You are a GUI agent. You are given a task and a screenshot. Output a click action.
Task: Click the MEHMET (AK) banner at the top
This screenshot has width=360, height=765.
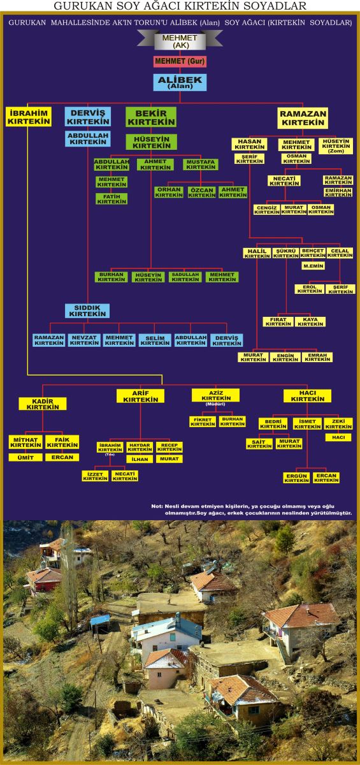pyautogui.click(x=180, y=41)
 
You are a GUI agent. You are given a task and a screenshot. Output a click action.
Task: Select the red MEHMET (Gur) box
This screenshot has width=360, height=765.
pyautogui.click(x=180, y=61)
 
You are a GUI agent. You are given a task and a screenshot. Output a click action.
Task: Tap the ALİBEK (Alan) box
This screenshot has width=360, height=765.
pyautogui.click(x=180, y=82)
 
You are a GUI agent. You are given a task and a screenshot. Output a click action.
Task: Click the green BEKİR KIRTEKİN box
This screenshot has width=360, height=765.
pyautogui.click(x=151, y=117)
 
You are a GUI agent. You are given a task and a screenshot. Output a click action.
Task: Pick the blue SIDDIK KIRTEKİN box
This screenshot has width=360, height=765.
pyautogui.click(x=87, y=311)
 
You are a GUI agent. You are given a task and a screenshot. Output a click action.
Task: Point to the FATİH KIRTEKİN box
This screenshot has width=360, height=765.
pyautogui.click(x=112, y=199)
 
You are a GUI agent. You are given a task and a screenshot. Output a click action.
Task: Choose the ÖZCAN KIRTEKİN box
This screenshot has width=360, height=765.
pyautogui.click(x=202, y=193)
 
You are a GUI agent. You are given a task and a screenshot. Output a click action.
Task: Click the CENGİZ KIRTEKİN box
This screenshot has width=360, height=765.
pyautogui.click(x=267, y=210)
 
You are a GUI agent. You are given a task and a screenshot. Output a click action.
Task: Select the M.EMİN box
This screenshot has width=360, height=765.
pyautogui.click(x=313, y=266)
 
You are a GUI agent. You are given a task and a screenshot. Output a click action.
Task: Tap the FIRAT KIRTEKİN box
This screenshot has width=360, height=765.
pyautogui.click(x=278, y=322)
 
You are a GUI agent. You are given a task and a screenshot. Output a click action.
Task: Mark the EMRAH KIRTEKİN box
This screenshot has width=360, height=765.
pyautogui.click(x=317, y=357)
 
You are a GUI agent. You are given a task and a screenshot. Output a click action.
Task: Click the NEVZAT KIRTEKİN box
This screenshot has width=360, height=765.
pyautogui.click(x=84, y=340)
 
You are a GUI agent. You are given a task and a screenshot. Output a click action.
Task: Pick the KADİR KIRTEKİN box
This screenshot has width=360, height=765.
pyautogui.click(x=43, y=404)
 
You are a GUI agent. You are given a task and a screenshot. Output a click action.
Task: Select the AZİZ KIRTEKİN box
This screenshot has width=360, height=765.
pyautogui.click(x=215, y=395)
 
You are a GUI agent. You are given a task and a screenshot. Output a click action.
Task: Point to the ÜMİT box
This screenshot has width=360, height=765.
pyautogui.click(x=25, y=457)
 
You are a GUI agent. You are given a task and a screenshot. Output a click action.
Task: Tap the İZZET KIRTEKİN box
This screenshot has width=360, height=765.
pyautogui.click(x=95, y=476)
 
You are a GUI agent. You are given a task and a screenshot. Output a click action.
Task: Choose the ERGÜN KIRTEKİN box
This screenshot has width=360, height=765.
pyautogui.click(x=296, y=477)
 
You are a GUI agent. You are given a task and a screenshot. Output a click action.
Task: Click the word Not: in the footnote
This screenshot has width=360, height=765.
pyautogui.click(x=157, y=506)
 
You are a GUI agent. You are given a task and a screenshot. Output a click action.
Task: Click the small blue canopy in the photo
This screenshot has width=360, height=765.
pyautogui.click(x=100, y=619)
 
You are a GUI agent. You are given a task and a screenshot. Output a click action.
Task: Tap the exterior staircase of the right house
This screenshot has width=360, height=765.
pyautogui.click(x=284, y=652)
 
